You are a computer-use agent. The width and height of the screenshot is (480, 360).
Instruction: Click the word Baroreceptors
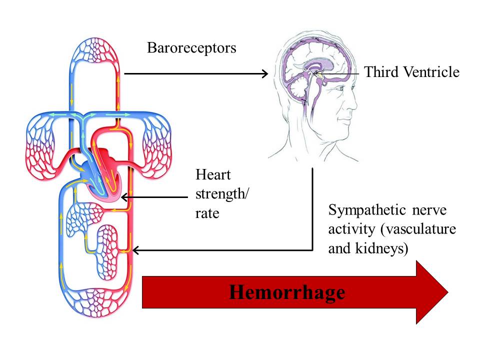[x=191, y=48]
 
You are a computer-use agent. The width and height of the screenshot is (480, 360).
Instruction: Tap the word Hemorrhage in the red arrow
[x=287, y=292]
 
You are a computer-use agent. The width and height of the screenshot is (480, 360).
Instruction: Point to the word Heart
[x=213, y=175]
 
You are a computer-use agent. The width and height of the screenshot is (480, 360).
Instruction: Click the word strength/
[x=222, y=194]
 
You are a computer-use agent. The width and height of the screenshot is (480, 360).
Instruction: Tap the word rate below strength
[x=207, y=213]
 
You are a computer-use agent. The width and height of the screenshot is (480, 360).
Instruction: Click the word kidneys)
[x=381, y=248]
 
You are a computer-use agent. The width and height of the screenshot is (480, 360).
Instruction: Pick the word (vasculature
[x=418, y=229]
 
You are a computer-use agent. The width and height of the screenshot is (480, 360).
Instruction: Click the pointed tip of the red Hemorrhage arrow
[x=448, y=292]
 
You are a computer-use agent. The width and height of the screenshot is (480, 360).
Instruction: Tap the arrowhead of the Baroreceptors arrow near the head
[x=265, y=73]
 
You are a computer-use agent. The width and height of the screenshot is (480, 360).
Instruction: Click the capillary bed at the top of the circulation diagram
[x=94, y=50]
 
